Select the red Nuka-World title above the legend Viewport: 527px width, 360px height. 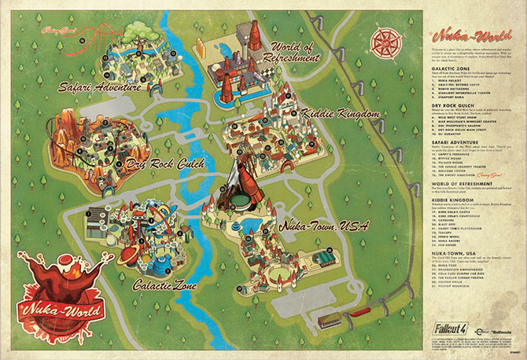[x=458, y=36]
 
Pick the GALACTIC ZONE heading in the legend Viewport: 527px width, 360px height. [x=448, y=69]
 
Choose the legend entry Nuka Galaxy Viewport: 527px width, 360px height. [x=449, y=80]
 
